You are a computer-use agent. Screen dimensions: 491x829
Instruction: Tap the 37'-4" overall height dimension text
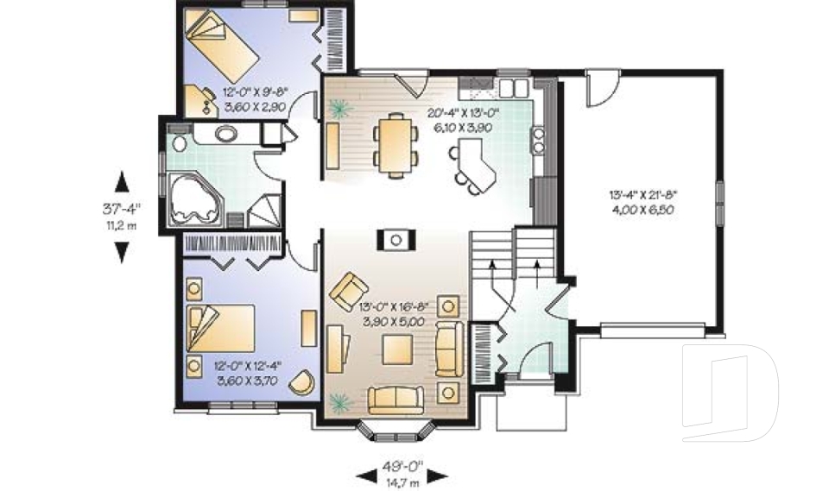[122, 207]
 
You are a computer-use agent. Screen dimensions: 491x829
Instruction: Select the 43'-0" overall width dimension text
[403, 460]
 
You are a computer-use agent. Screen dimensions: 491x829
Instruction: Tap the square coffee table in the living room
[399, 350]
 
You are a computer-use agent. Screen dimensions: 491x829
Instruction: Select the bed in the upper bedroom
[223, 43]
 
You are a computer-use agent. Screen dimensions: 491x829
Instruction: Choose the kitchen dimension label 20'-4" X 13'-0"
[461, 113]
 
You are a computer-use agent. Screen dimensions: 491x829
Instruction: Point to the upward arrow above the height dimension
[122, 181]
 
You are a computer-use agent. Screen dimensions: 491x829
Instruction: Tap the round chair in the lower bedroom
[302, 381]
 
